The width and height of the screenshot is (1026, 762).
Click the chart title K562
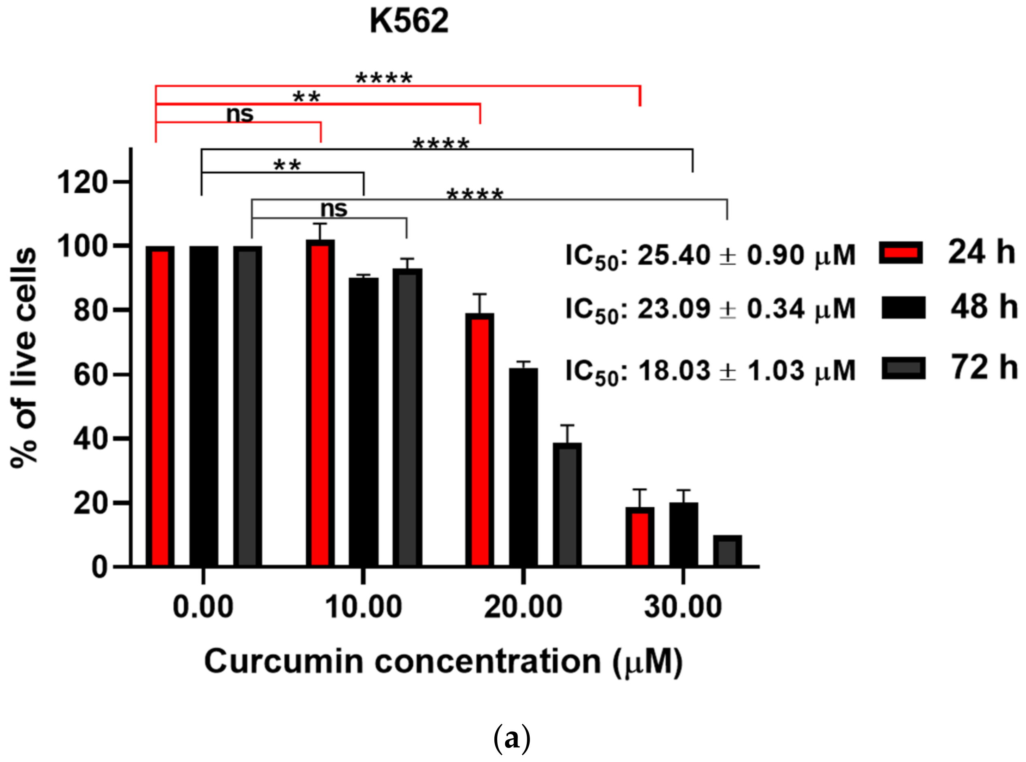tap(409, 22)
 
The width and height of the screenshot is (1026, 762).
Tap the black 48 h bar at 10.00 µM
tap(364, 421)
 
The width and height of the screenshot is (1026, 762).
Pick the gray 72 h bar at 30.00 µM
tap(728, 551)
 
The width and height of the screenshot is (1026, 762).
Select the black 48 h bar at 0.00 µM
tap(203, 406)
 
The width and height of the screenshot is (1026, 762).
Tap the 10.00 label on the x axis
tap(364, 607)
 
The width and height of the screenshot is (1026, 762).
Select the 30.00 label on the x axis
tap(683, 607)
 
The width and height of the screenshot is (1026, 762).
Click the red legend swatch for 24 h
tap(900, 253)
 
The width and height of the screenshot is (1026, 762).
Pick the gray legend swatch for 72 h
tap(903, 368)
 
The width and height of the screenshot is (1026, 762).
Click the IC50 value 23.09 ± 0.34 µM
tap(711, 309)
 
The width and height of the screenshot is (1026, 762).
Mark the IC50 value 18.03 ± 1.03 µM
tap(711, 371)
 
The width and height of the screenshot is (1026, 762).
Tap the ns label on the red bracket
tap(240, 114)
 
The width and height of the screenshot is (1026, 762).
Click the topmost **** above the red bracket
tap(384, 79)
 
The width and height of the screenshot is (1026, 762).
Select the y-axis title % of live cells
tap(24, 358)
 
